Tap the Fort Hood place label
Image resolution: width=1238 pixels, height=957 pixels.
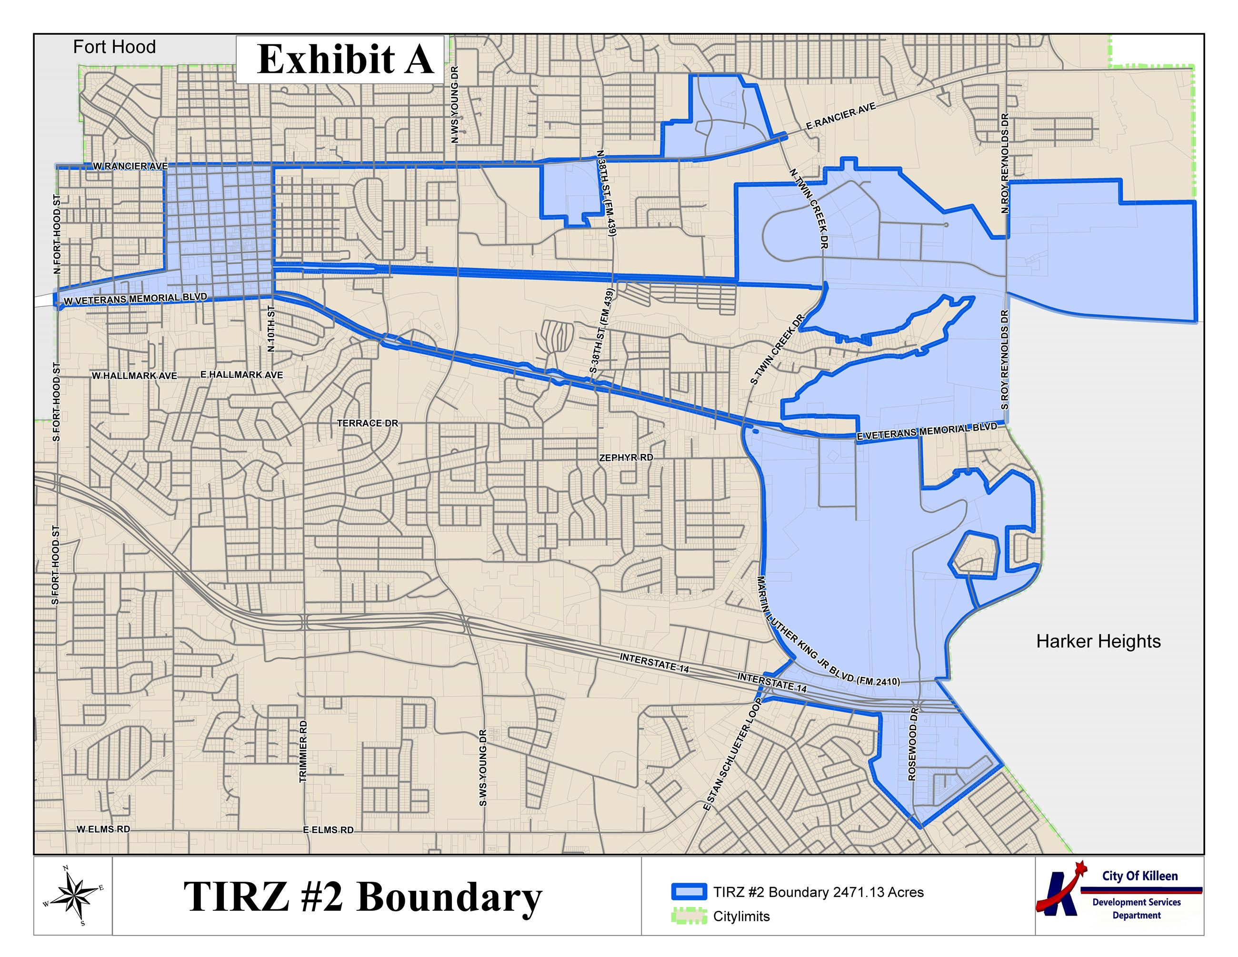pos(114,47)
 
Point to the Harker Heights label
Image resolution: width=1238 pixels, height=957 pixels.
pos(1098,641)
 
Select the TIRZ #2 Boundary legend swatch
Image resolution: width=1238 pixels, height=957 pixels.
pos(689,892)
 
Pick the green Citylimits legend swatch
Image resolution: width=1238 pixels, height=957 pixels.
pos(689,916)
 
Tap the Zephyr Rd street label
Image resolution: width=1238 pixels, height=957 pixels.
pos(626,457)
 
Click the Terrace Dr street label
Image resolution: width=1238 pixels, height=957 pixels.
pos(367,423)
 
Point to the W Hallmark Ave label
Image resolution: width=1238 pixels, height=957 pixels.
pos(134,376)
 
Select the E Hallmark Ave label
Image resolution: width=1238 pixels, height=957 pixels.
pos(241,375)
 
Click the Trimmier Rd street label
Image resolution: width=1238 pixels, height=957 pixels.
pos(303,751)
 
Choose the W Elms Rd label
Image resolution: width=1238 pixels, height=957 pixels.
pos(103,829)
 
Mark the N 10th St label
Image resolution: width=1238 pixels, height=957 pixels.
pos(271,329)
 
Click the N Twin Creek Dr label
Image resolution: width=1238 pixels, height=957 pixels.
pos(809,208)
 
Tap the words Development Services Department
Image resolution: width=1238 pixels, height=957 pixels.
pos(1136,908)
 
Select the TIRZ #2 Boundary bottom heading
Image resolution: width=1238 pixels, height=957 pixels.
pos(363,897)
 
